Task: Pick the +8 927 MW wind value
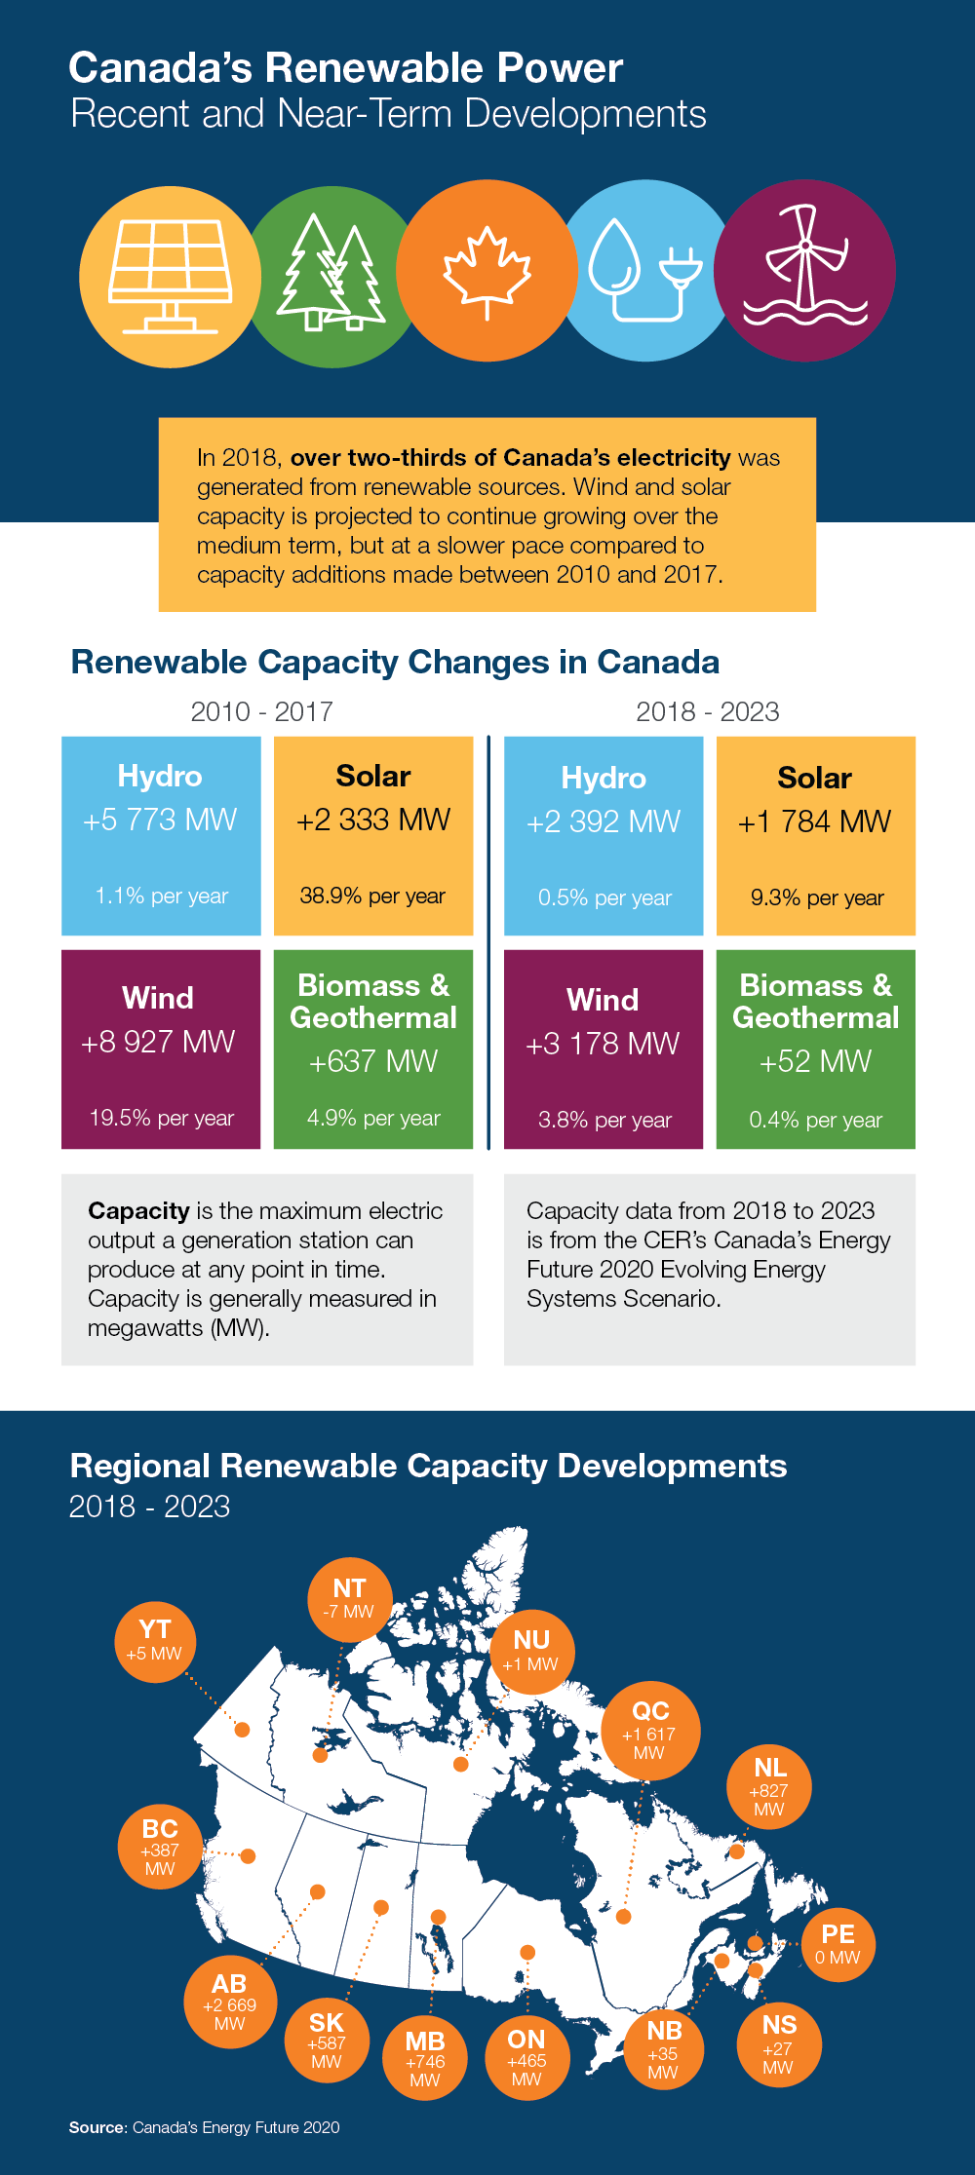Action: point(158,1042)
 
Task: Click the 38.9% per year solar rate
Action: point(372,896)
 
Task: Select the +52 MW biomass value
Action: point(815,1061)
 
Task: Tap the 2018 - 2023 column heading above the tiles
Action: point(707,712)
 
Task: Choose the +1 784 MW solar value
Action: point(814,821)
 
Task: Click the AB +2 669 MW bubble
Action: point(230,2003)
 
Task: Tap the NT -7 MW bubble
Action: point(349,1599)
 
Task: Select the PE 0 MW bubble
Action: point(838,1944)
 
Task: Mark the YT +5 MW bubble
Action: point(155,1641)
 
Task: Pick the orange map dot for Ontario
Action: point(527,1952)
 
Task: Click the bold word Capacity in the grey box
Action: point(138,1211)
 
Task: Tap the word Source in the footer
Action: point(97,2127)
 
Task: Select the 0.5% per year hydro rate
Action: point(604,897)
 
